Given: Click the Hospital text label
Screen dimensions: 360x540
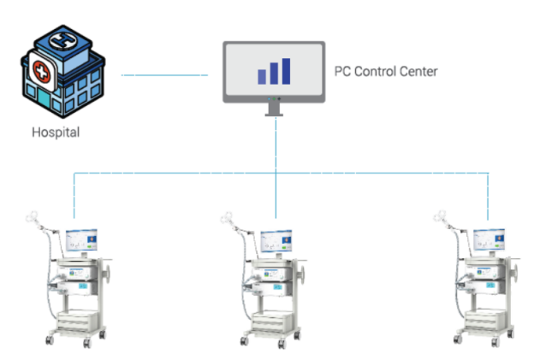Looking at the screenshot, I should click(x=56, y=133).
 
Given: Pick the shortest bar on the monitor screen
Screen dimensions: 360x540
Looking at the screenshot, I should click(x=262, y=77).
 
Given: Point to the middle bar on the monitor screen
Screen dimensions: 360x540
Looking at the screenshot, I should click(x=273, y=74).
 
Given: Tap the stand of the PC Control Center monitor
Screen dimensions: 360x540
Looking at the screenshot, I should click(x=275, y=108).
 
